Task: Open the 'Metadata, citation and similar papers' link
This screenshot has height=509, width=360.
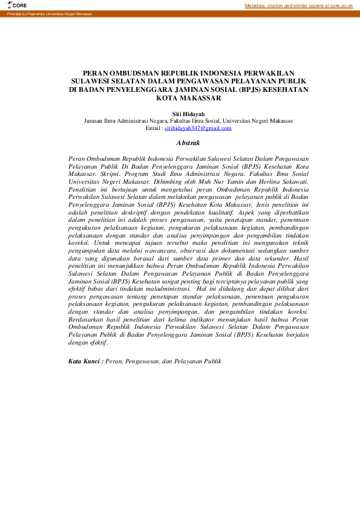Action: click(298, 5)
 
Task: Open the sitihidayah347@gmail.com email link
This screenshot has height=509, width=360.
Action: click(198, 128)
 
